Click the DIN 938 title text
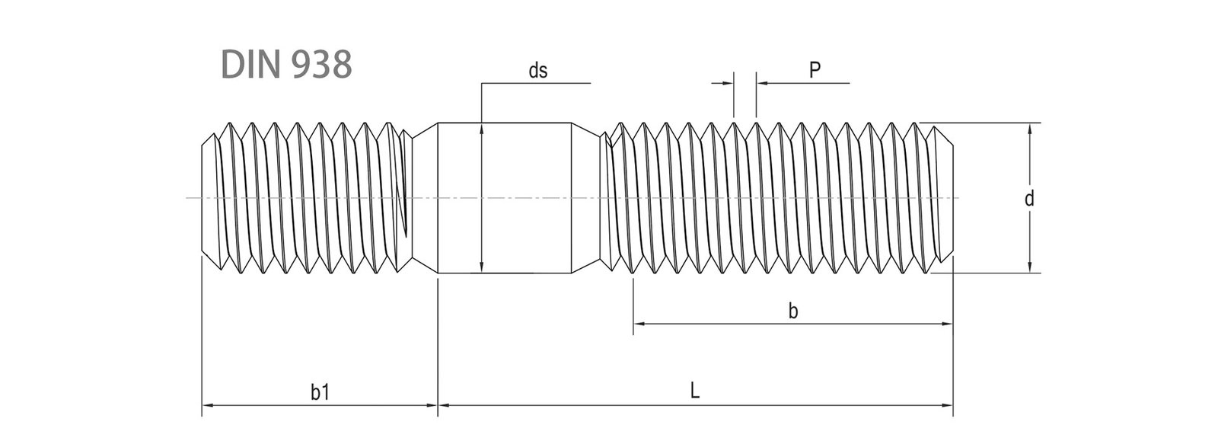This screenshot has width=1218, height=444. click(286, 65)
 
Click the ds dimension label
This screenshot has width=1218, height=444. click(538, 72)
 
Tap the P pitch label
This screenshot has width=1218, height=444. click(815, 71)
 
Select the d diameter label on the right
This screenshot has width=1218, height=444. click(1028, 200)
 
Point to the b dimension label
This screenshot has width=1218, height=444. click(793, 311)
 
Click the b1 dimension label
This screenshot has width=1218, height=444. click(320, 392)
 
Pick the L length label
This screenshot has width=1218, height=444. click(695, 391)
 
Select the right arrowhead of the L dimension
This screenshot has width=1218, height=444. click(948, 406)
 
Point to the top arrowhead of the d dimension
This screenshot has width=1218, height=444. click(1029, 128)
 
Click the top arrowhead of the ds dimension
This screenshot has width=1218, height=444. click(482, 129)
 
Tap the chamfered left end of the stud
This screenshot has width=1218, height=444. click(208, 198)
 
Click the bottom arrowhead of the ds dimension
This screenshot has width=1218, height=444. click(482, 267)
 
